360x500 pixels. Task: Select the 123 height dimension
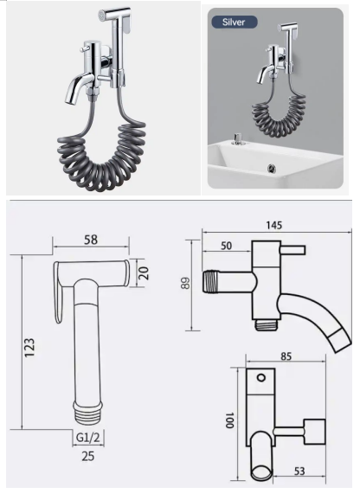coord(31,349)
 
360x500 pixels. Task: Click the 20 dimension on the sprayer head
coord(145,273)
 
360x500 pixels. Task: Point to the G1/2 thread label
coord(85,438)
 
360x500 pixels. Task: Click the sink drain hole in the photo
coord(273,167)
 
